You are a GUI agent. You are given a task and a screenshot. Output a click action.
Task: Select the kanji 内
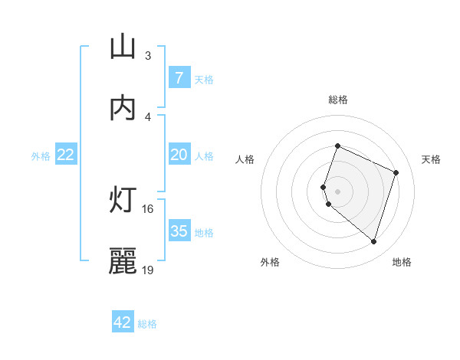click(x=123, y=108)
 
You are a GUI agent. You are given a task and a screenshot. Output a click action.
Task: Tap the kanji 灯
click(x=123, y=201)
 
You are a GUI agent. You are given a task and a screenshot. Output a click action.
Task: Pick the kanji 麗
click(x=123, y=261)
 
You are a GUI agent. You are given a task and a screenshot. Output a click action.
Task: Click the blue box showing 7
click(x=179, y=78)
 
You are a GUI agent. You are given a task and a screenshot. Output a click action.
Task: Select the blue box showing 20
click(x=179, y=155)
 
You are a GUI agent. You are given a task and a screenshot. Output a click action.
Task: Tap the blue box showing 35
click(x=179, y=231)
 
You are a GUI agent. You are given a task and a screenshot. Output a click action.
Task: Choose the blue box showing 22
click(x=65, y=155)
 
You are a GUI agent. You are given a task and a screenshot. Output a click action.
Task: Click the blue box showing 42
click(x=122, y=322)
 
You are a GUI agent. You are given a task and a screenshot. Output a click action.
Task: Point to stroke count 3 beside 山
click(x=148, y=56)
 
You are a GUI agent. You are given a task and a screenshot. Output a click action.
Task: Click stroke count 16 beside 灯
click(x=148, y=208)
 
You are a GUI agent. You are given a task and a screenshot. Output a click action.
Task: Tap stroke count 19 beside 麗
click(x=148, y=270)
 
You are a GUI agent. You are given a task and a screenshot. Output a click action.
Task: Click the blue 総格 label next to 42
click(x=147, y=324)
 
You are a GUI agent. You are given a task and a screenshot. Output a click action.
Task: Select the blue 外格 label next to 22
click(x=41, y=156)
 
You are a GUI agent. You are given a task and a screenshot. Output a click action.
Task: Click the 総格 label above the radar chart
click(x=337, y=100)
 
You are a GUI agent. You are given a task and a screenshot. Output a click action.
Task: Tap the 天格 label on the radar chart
click(x=431, y=159)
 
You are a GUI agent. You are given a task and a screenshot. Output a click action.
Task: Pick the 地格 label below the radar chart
click(x=402, y=262)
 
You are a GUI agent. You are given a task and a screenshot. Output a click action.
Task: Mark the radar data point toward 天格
click(x=396, y=172)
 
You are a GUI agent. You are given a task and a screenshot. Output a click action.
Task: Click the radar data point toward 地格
click(x=373, y=241)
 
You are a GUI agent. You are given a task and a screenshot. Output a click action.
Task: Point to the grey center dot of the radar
click(x=337, y=191)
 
